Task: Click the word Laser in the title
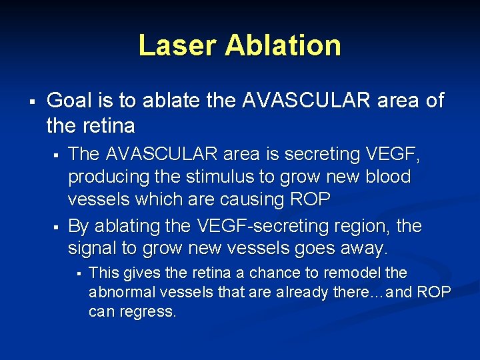(177, 45)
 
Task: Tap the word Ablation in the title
(283, 45)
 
